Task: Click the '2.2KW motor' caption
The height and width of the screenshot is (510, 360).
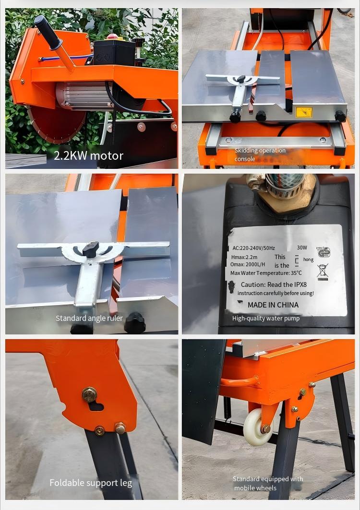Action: [x=88, y=155]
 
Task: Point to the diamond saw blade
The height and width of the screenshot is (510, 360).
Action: [x=53, y=125]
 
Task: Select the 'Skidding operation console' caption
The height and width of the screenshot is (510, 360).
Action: [x=260, y=154]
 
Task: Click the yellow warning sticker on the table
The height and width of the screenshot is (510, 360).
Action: [x=304, y=112]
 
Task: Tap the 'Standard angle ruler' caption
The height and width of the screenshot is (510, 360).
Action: [x=89, y=318]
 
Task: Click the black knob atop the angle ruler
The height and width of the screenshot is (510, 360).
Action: [x=90, y=249]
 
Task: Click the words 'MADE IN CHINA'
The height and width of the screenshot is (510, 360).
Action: [x=273, y=305]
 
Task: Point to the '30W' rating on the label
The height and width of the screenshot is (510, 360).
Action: [x=302, y=248]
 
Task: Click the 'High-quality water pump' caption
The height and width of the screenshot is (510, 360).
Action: [x=265, y=318]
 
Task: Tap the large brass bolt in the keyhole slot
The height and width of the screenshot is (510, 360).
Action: [x=89, y=395]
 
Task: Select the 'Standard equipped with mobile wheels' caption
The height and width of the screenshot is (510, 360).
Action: [x=267, y=483]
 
